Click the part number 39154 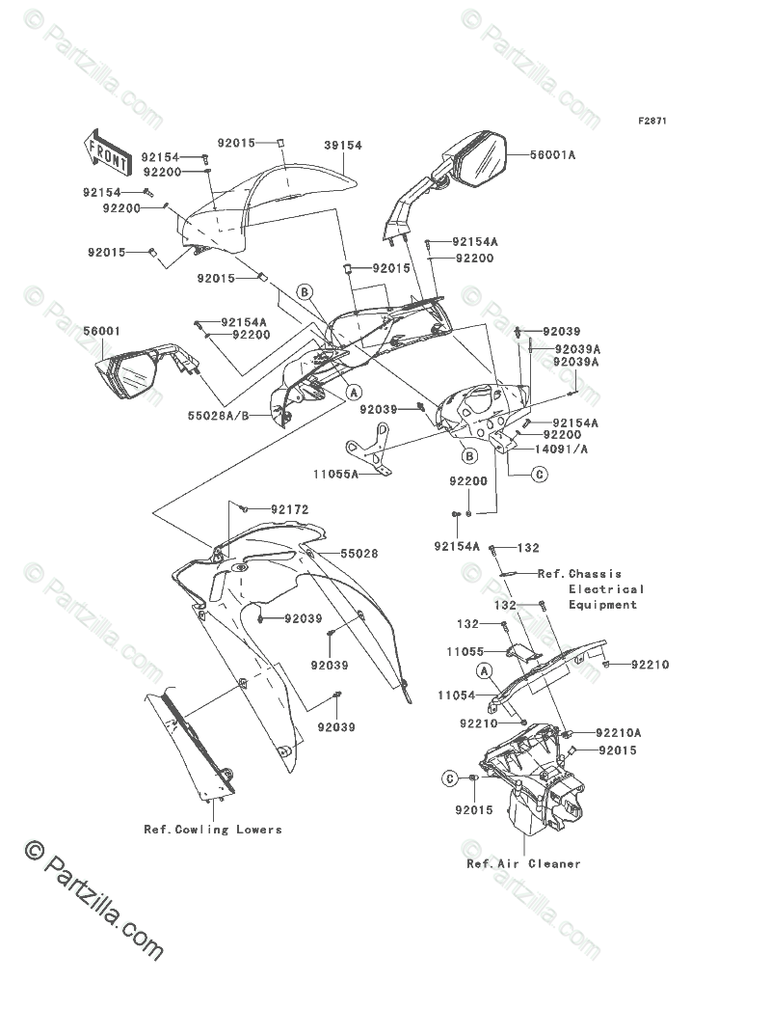pos(342,146)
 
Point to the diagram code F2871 pos(651,122)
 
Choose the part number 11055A pos(335,475)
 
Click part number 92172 pos(290,508)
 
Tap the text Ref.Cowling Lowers pos(213,829)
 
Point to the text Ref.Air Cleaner pos(523,863)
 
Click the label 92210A pos(619,732)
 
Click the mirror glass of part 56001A pos(481,160)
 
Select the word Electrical pos(605,589)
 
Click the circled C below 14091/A pos(540,474)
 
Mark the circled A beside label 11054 pos(484,670)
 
